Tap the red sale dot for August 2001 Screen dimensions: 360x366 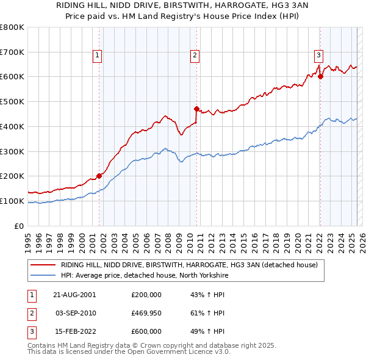99,176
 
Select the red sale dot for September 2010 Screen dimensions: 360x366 196,109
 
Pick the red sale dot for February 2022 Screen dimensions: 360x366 320,76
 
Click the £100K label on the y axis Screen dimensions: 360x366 12,201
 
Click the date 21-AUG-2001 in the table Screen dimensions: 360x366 74,294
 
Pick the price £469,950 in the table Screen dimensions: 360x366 146,313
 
